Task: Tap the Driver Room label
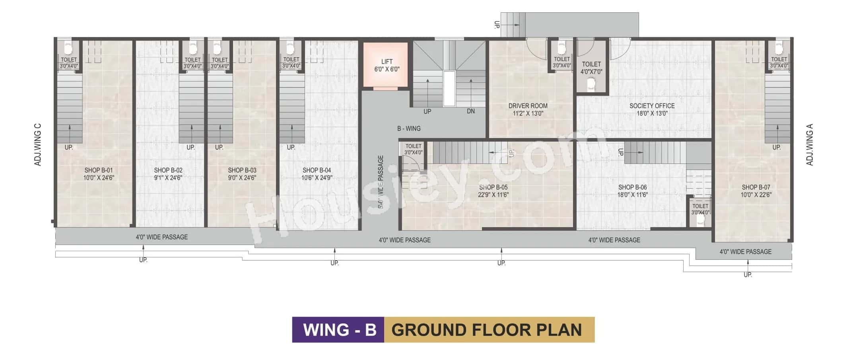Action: tap(528, 106)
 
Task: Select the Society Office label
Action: tap(652, 106)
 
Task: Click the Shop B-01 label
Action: tap(98, 170)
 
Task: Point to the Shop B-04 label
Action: tap(317, 170)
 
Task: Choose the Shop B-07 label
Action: tap(756, 187)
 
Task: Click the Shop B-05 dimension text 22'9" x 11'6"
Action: tap(493, 195)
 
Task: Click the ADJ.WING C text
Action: tap(38, 145)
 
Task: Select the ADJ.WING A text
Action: tap(810, 145)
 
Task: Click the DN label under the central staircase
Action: tap(471, 111)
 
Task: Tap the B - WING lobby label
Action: tap(408, 128)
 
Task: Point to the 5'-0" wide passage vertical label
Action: tap(381, 182)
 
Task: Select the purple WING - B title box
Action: tap(338, 330)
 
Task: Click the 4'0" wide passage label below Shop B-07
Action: tap(745, 252)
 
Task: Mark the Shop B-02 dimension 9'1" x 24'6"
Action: tap(168, 178)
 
